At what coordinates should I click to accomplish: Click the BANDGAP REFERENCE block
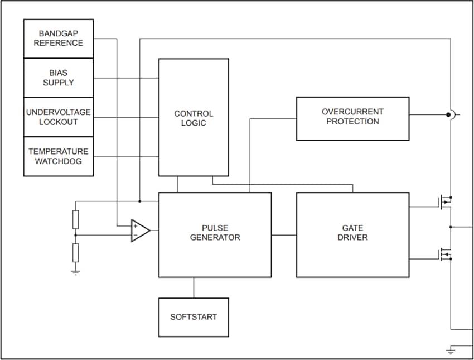[58, 39]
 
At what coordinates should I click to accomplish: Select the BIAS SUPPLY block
[58, 78]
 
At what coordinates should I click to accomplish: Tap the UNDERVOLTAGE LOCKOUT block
[58, 117]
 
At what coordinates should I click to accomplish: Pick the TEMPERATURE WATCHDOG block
[58, 156]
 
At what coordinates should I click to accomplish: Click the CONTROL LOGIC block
[194, 118]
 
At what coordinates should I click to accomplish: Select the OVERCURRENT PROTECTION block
[352, 118]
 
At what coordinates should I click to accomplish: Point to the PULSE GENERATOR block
[215, 234]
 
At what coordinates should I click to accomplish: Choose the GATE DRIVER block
[352, 234]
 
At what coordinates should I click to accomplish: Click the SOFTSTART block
[194, 317]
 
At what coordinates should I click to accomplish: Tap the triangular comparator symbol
[139, 231]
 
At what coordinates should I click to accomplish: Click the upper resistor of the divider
[76, 219]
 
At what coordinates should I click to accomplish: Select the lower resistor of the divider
[76, 252]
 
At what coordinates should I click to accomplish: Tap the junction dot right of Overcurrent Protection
[448, 115]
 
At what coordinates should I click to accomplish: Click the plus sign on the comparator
[135, 226]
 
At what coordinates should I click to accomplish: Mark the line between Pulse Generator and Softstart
[194, 287]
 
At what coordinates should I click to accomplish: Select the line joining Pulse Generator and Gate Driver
[284, 235]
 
